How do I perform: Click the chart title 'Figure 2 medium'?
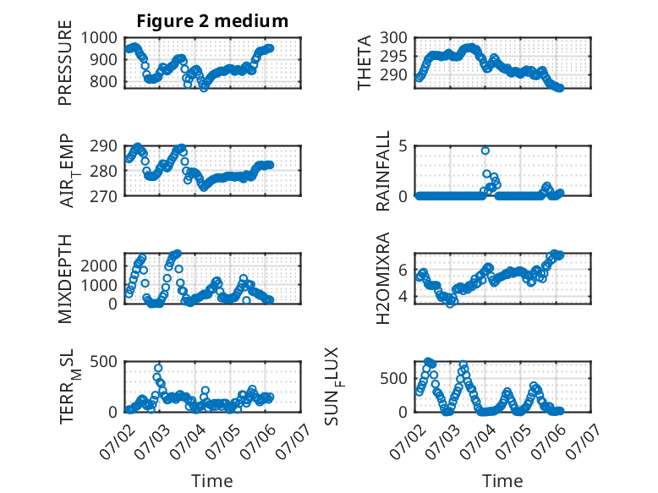[212, 21]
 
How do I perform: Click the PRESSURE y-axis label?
[65, 63]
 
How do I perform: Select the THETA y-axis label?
[365, 63]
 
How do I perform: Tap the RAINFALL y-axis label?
[383, 171]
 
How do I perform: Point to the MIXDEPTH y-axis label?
[65, 278]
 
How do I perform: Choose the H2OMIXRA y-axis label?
[383, 278]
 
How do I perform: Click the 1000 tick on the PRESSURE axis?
[99, 38]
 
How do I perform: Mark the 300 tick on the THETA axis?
[393, 38]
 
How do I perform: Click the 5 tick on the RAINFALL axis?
[403, 146]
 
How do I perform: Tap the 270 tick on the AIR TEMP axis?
[103, 196]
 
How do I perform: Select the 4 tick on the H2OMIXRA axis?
[403, 297]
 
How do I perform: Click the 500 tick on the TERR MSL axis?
[103, 361]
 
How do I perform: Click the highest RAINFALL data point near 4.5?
[485, 151]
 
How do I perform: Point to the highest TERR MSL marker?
[158, 368]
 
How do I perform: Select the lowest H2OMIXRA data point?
[450, 304]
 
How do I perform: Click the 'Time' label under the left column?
[212, 481]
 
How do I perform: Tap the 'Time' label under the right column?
[502, 481]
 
